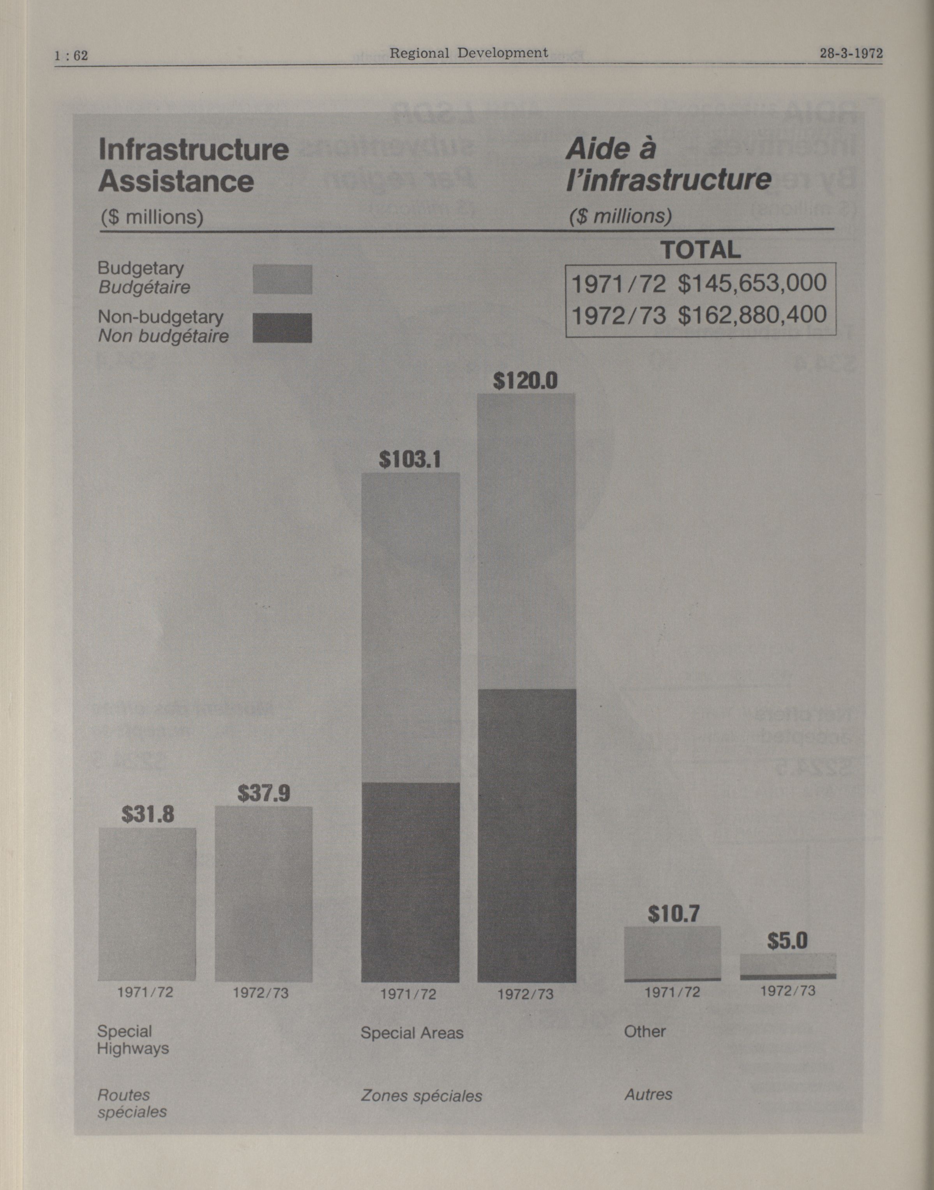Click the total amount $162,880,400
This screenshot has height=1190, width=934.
coord(752,315)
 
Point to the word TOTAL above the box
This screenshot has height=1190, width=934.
coord(701,250)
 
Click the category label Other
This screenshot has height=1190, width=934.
coord(645,1032)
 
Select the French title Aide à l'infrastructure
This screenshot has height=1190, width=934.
coord(668,164)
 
